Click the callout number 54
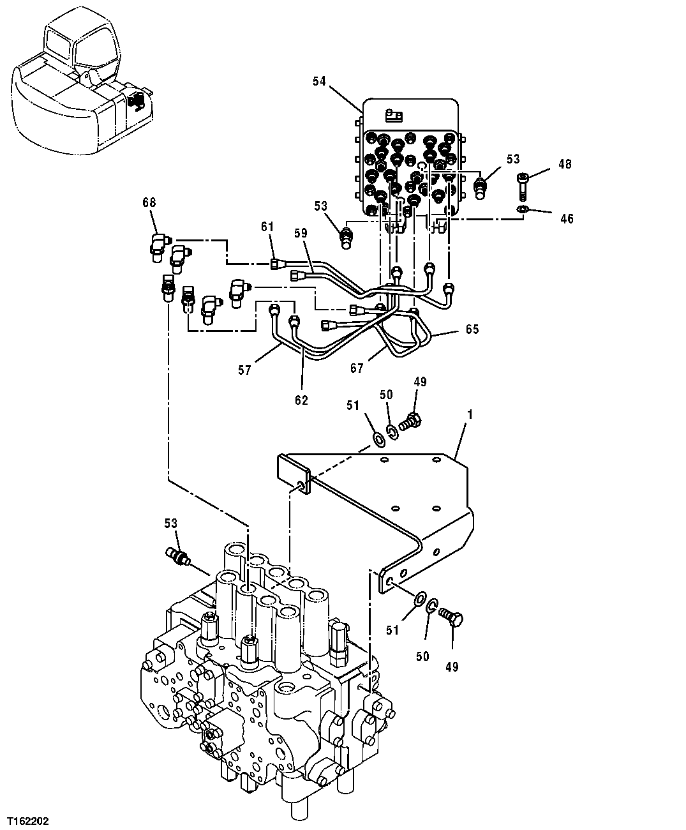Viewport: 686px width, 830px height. (319, 81)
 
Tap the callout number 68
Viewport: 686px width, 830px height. (149, 202)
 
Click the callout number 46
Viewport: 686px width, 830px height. (567, 219)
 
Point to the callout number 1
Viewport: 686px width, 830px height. (470, 414)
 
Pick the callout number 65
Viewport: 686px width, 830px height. (472, 329)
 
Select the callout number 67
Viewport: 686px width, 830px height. (356, 368)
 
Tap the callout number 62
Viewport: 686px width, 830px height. (301, 400)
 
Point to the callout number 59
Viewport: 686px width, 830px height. (301, 234)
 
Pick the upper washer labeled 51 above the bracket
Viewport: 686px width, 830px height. (378, 438)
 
